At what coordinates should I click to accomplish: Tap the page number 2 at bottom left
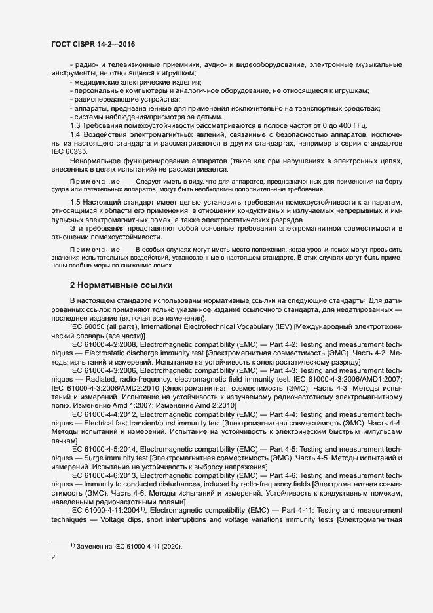53,557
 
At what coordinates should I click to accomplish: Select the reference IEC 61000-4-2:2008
103,342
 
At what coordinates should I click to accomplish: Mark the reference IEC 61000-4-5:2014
103,448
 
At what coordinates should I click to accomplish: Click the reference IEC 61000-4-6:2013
103,474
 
